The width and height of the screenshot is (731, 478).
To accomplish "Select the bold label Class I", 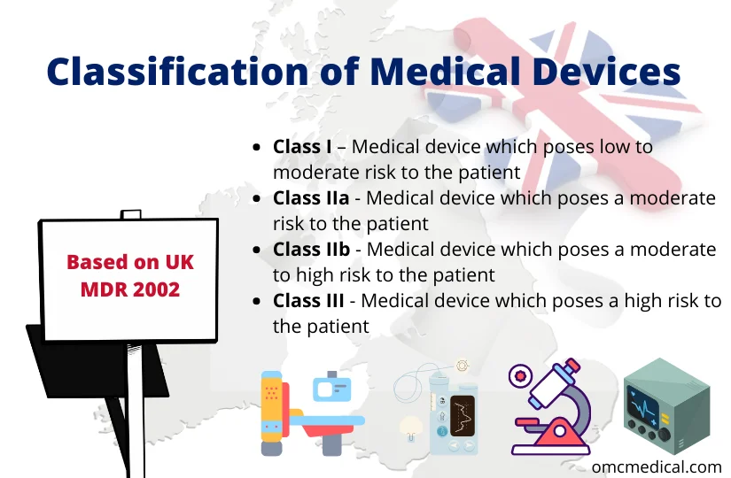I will pyautogui.click(x=302, y=146).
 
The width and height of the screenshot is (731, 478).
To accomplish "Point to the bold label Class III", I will pyautogui.click(x=309, y=301).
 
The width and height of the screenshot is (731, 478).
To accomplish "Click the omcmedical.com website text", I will pyautogui.click(x=658, y=466).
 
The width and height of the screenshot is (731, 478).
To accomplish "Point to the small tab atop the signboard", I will pyautogui.click(x=130, y=214).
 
